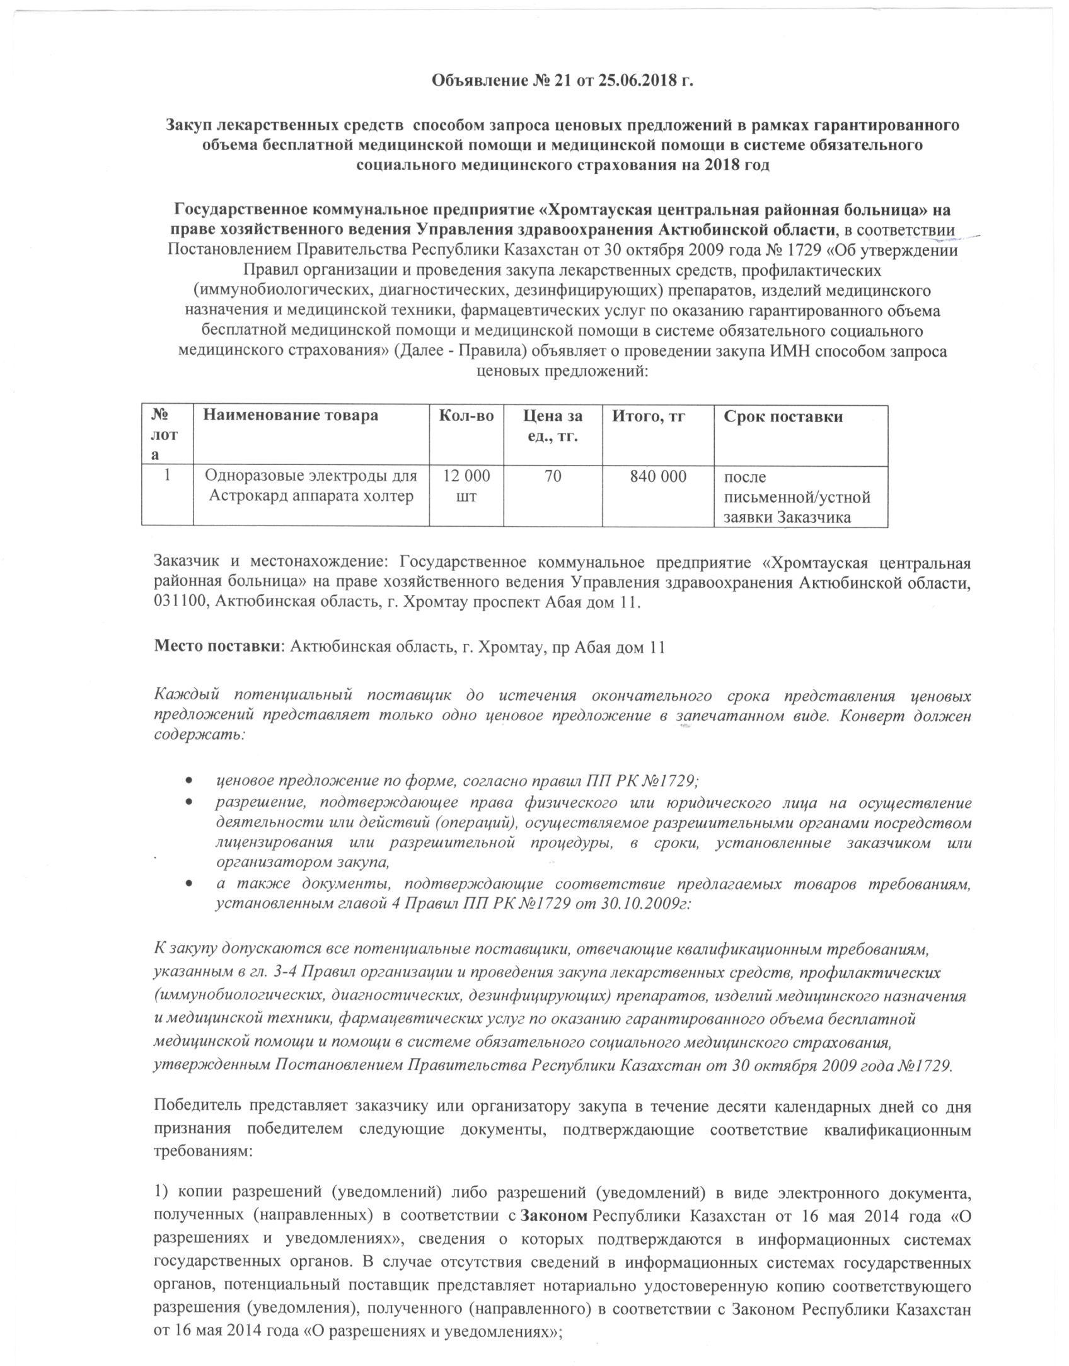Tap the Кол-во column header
[x=466, y=416]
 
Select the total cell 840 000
[x=658, y=477]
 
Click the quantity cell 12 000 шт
[x=466, y=486]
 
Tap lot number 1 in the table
[x=167, y=477]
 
